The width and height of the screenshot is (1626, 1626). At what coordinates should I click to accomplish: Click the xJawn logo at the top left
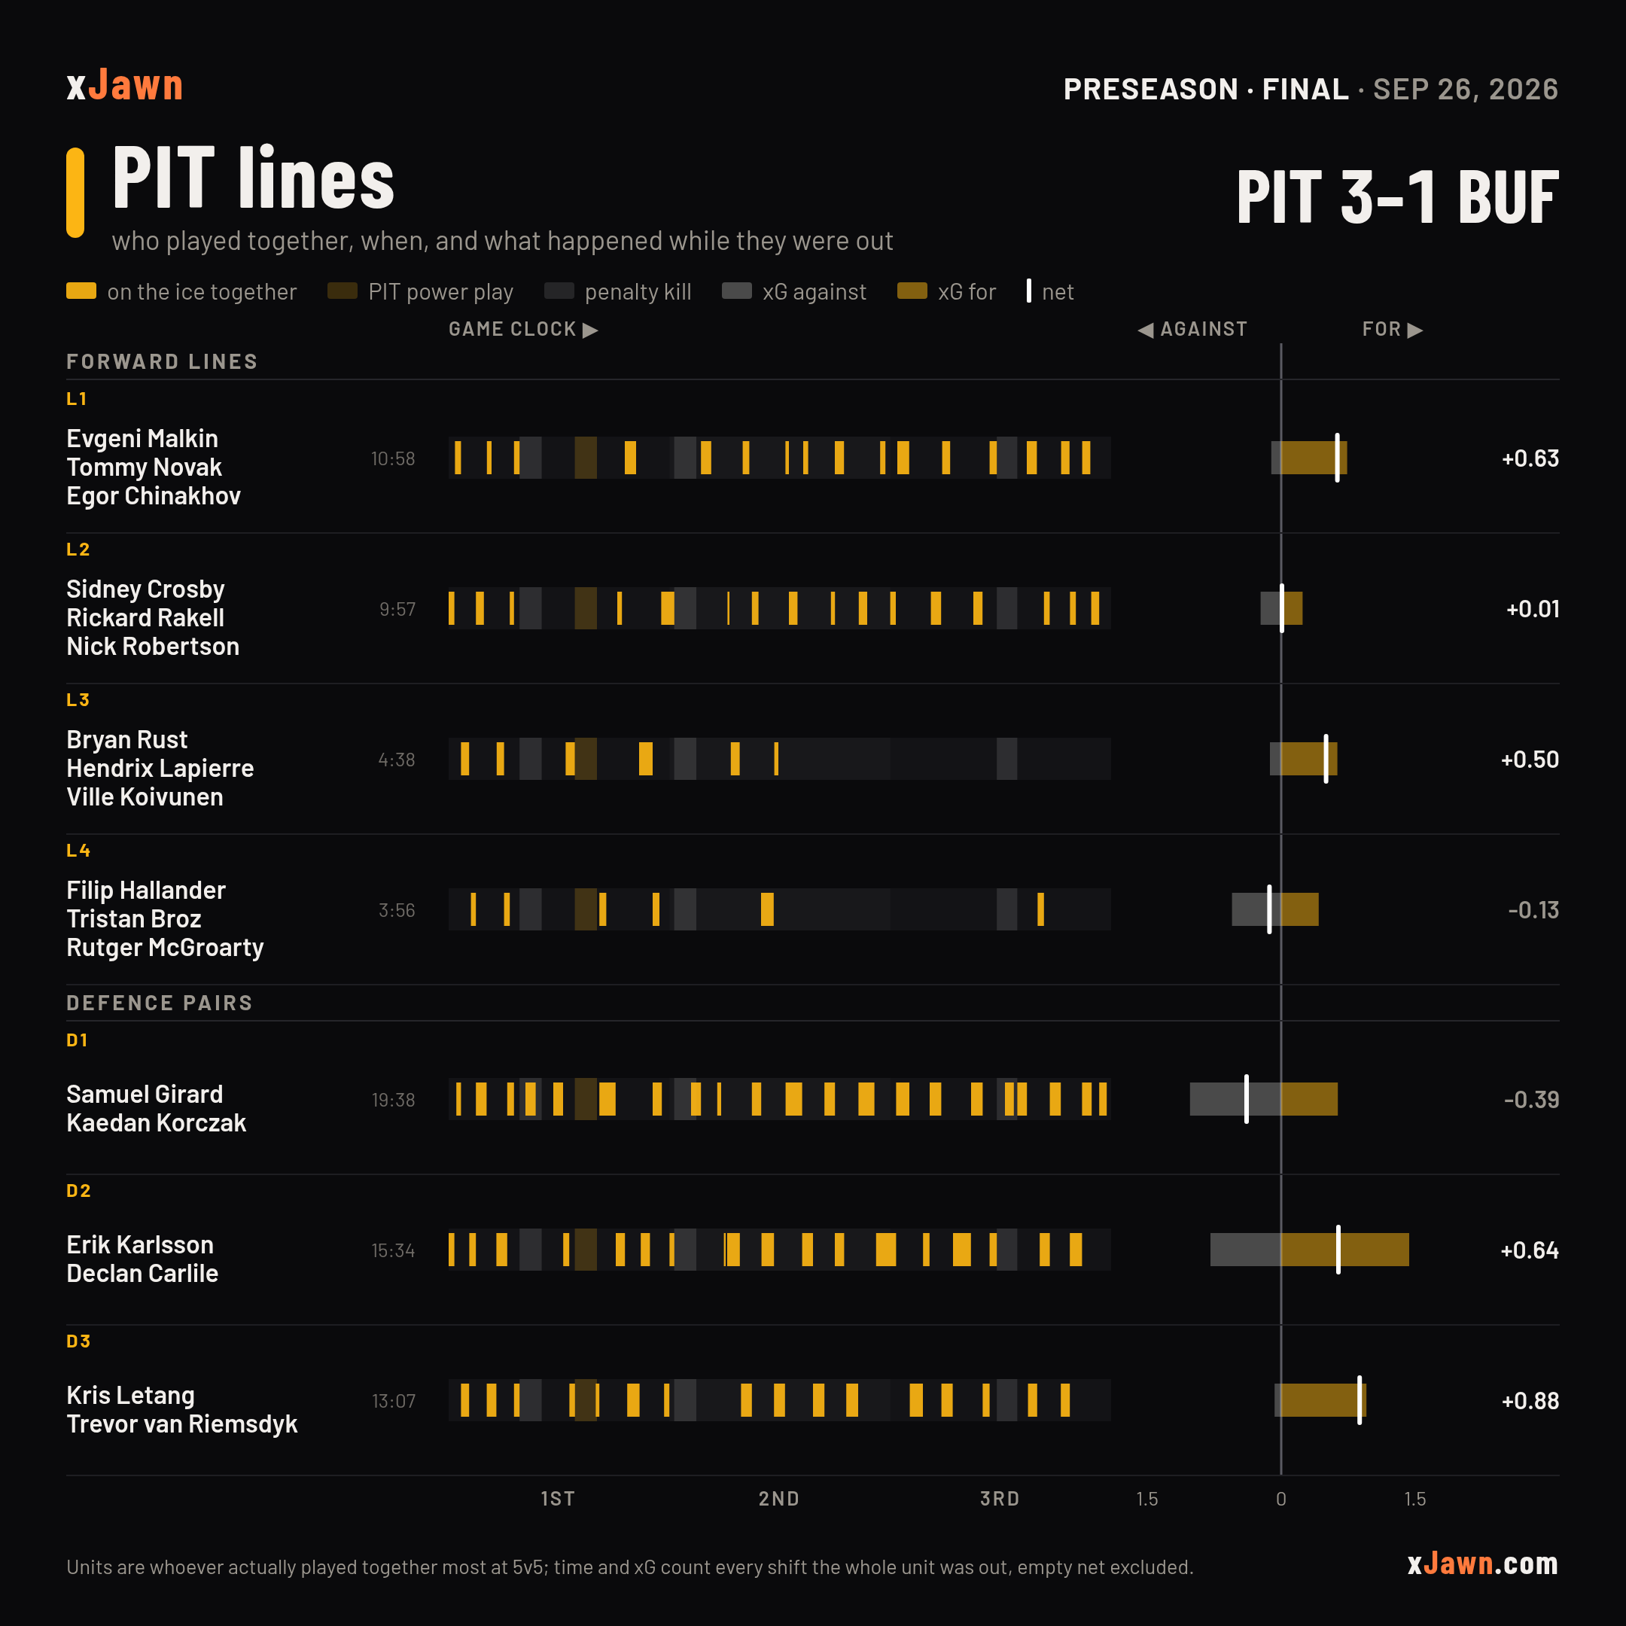(x=124, y=86)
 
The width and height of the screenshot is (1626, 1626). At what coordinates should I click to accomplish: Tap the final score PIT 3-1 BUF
(x=1397, y=197)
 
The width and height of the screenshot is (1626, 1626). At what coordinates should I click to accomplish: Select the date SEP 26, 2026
(x=1465, y=90)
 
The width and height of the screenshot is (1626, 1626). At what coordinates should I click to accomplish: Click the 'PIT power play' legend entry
(x=420, y=292)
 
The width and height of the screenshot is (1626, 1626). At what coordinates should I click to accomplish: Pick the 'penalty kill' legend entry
(x=618, y=292)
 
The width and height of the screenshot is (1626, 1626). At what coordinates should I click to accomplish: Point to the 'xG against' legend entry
(x=793, y=292)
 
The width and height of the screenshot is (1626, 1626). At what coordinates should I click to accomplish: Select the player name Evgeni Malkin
(x=142, y=438)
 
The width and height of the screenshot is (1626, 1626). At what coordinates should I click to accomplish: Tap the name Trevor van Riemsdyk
(x=181, y=1424)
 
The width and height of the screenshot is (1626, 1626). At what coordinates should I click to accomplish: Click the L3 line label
(x=78, y=699)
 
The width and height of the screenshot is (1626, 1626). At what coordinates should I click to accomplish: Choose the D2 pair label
(x=78, y=1191)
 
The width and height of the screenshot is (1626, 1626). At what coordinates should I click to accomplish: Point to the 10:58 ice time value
(x=393, y=458)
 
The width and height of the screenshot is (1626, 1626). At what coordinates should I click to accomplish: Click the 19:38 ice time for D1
(x=393, y=1100)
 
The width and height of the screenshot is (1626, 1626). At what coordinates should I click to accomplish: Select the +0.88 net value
(x=1530, y=1400)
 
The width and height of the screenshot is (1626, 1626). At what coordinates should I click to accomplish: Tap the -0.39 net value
(x=1531, y=1099)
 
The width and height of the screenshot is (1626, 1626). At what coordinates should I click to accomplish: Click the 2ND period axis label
(x=778, y=1499)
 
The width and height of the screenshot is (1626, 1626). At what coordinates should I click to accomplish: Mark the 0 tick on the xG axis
(x=1281, y=1499)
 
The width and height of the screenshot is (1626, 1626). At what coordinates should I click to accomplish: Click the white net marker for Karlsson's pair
(x=1338, y=1250)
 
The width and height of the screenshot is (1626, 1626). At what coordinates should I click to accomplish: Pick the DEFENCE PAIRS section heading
(x=159, y=1003)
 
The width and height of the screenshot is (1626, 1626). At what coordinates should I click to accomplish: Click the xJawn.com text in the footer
(x=1482, y=1564)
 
